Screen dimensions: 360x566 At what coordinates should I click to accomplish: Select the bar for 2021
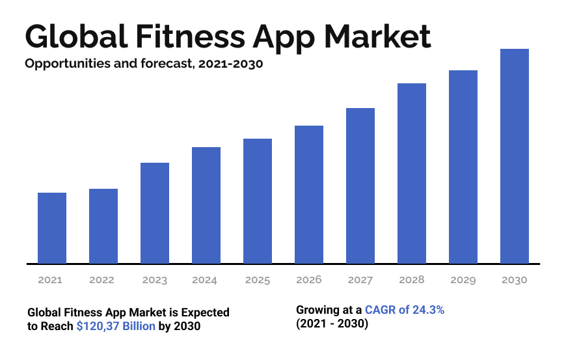52,228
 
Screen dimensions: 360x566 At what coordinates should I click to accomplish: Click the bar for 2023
155,213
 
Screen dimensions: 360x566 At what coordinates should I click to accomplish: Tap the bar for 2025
258,201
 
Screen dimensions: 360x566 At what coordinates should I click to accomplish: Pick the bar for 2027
360,186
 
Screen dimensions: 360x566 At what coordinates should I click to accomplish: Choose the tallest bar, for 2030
515,156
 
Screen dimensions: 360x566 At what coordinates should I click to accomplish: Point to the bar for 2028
412,173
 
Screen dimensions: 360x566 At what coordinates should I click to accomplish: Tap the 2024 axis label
204,280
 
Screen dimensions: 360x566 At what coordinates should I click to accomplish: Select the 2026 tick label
308,280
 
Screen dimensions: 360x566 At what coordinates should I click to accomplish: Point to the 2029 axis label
463,280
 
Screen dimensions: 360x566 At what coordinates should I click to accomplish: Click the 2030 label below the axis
515,280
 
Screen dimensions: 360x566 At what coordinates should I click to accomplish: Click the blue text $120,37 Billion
116,326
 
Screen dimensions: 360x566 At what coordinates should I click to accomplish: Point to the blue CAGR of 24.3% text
405,311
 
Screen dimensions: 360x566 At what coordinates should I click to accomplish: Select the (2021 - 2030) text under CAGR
332,324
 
